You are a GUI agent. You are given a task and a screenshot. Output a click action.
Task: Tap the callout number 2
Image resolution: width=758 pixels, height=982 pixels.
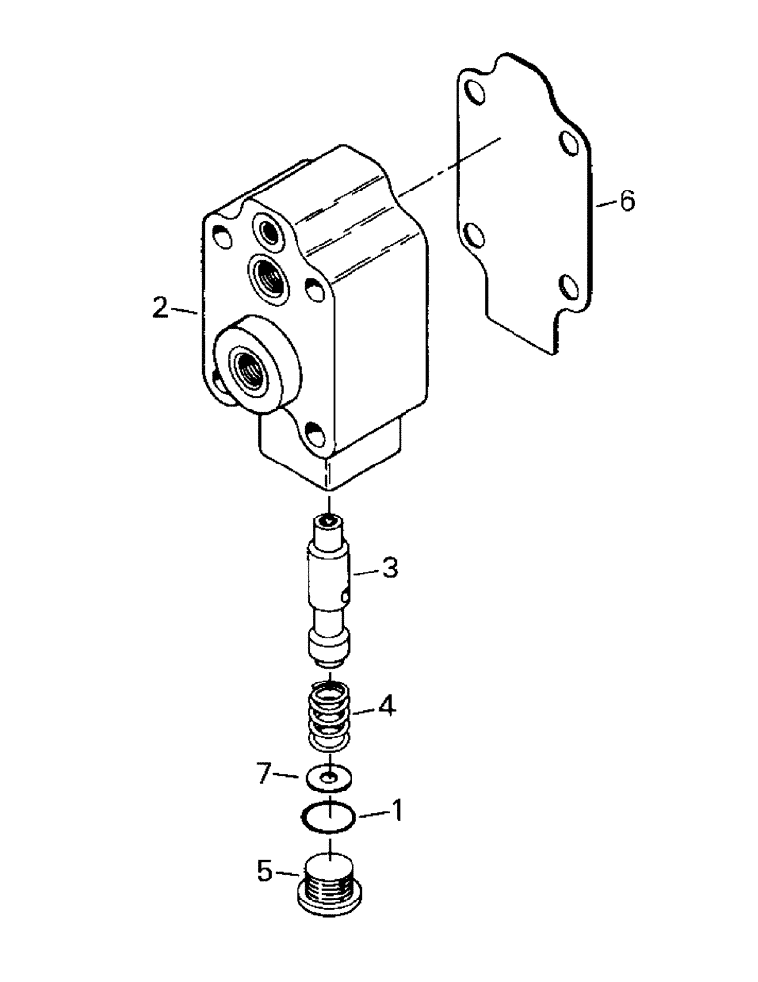point(160,308)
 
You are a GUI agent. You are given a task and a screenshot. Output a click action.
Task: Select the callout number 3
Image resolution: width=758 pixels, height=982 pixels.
point(390,568)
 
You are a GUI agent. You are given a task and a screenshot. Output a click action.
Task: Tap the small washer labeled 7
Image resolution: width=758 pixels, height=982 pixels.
point(327,778)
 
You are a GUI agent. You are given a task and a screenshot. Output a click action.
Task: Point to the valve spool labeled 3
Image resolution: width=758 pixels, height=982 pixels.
point(329,589)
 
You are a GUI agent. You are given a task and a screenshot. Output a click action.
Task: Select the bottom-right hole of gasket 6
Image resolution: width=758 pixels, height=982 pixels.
point(567,289)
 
